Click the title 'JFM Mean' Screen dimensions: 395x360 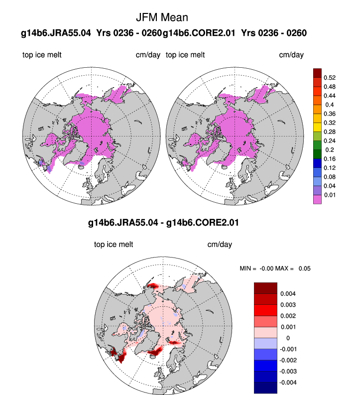(162, 17)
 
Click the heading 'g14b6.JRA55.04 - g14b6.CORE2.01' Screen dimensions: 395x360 (163, 223)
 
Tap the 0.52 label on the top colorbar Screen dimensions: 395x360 (329, 78)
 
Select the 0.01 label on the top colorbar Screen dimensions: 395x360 (329, 195)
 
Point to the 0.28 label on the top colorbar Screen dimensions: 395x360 (329, 132)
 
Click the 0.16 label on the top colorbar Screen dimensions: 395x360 (329, 158)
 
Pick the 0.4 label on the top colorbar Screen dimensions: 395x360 (329, 105)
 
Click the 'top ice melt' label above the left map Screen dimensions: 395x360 (42, 55)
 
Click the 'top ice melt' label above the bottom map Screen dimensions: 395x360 (114, 245)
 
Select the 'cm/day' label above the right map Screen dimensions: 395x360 (291, 55)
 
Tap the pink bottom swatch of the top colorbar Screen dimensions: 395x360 (317, 199)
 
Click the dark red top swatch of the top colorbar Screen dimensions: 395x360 (317, 73)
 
